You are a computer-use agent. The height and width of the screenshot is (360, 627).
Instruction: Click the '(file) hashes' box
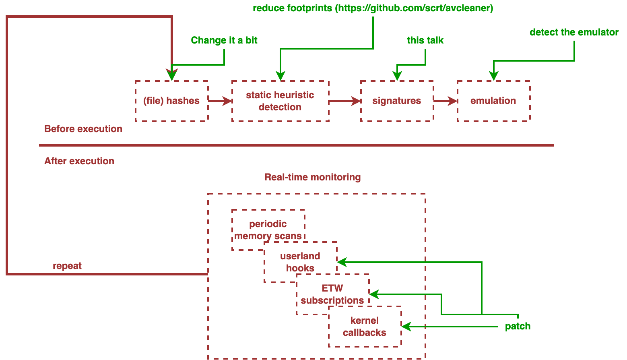(171, 101)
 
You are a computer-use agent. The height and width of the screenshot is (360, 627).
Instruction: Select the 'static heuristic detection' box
(280, 101)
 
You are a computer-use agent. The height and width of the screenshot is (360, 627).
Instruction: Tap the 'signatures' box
(396, 101)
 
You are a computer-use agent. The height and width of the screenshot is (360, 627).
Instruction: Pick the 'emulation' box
(493, 101)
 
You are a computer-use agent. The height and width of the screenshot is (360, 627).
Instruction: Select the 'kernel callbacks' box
(365, 327)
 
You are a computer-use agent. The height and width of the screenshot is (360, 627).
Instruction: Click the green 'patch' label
(518, 326)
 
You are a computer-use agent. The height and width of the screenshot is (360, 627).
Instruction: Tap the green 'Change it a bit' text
(224, 40)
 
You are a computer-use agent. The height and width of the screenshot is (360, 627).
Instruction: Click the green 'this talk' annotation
(425, 40)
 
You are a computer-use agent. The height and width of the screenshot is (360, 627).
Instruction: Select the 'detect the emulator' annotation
(574, 32)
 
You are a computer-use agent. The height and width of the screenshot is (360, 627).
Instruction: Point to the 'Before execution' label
(83, 129)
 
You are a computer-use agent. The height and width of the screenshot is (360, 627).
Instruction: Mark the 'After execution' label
(79, 161)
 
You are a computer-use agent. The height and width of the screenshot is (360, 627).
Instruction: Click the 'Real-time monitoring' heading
(312, 177)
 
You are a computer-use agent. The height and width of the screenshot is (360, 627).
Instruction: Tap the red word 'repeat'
(67, 266)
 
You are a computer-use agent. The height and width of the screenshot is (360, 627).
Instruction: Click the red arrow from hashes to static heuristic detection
(220, 101)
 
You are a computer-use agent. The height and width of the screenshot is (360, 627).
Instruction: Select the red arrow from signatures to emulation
(445, 101)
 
